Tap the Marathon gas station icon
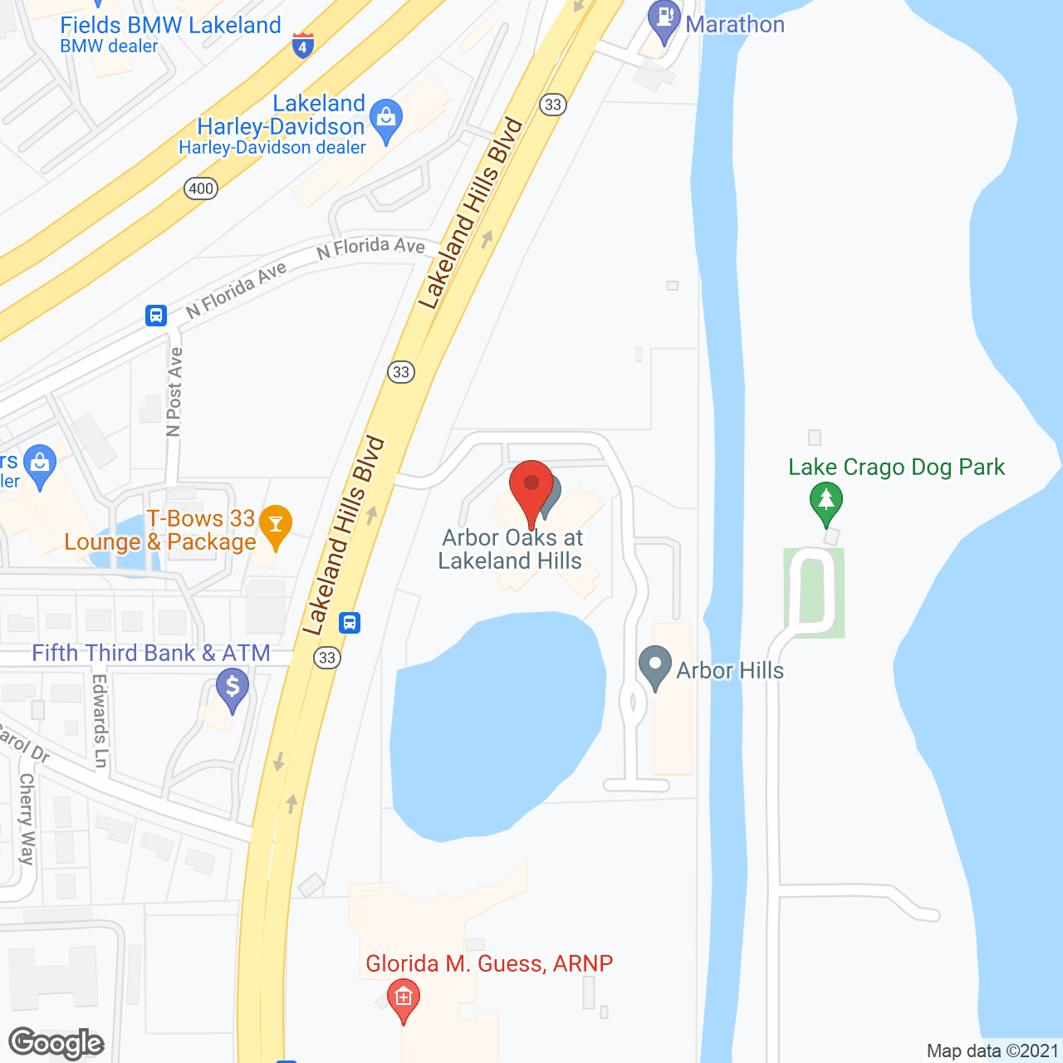click(664, 20)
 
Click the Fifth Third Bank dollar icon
click(233, 688)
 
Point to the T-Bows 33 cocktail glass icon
click(276, 526)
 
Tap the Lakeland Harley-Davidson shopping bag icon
click(385, 119)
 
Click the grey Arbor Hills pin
click(655, 667)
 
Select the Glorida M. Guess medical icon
click(404, 996)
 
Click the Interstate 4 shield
click(302, 46)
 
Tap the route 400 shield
click(201, 189)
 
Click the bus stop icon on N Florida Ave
click(156, 316)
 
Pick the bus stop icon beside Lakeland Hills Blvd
click(350, 622)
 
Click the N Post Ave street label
click(174, 392)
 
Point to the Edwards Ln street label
click(100, 721)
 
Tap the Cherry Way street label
click(27, 819)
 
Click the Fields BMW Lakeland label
click(170, 26)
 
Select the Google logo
click(56, 1043)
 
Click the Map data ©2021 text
click(992, 1051)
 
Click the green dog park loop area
click(814, 592)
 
